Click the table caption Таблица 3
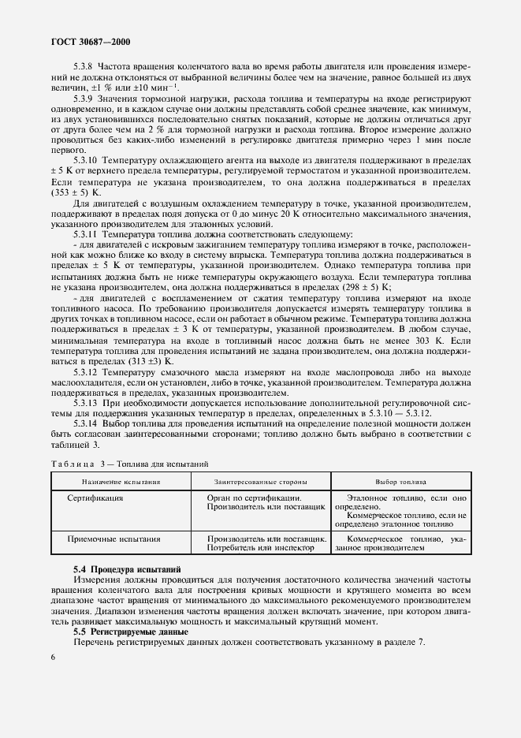point(82,464)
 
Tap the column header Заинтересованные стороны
point(261,481)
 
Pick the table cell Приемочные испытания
point(114,539)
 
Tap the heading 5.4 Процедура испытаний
point(127,568)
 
